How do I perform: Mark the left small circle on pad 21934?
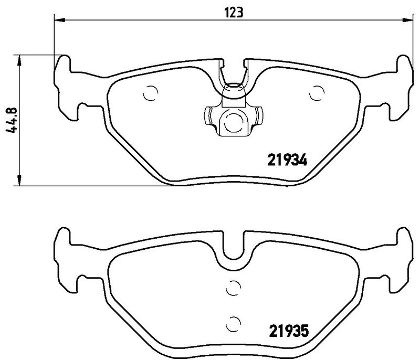point(150,93)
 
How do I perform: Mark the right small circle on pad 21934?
point(317,93)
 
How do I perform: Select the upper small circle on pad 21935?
point(233,287)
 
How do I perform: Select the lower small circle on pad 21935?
point(233,322)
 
